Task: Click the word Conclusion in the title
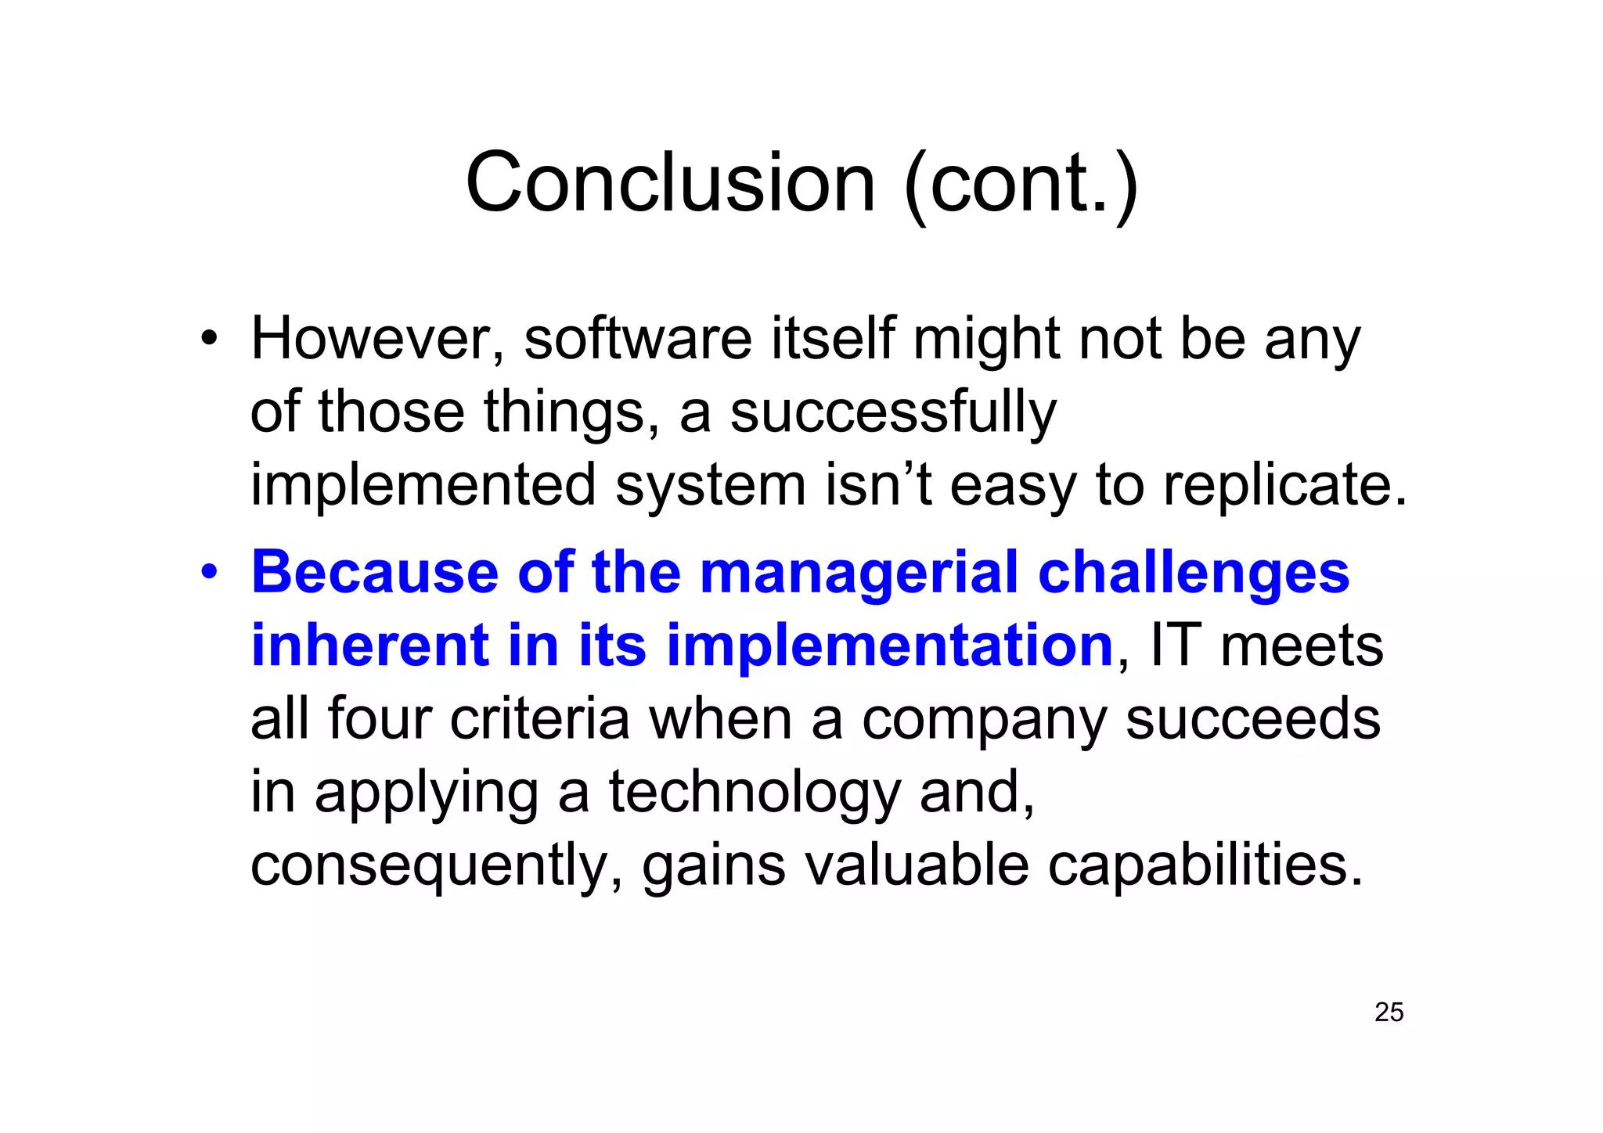point(670,183)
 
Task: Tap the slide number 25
point(1389,1012)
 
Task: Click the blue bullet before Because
point(207,573)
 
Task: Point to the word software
point(637,340)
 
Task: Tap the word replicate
point(1284,485)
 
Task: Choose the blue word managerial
point(859,573)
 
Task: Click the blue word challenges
point(1193,573)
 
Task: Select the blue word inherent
point(369,646)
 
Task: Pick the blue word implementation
point(889,646)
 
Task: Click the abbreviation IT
point(1174,646)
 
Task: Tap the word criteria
point(539,718)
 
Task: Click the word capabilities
point(1205,865)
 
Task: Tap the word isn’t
point(878,485)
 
